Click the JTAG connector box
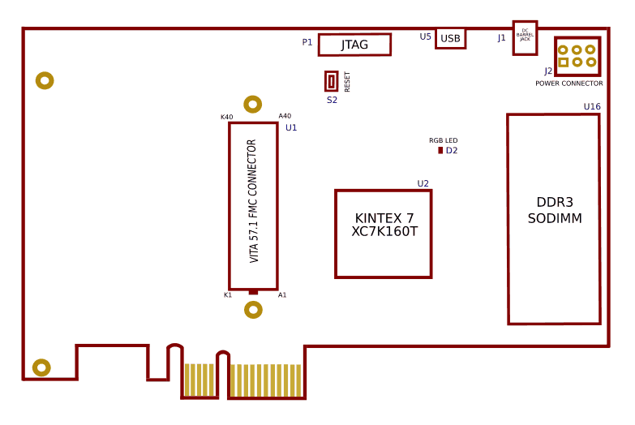click(354, 45)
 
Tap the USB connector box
click(450, 38)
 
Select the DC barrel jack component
click(525, 37)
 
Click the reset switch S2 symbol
click(332, 81)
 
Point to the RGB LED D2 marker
click(440, 150)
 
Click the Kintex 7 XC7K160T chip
click(384, 234)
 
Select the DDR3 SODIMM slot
click(554, 219)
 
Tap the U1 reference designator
click(291, 127)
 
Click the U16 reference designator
click(592, 107)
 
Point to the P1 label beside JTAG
click(307, 42)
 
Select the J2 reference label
click(548, 71)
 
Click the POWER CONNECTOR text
click(568, 84)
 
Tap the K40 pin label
click(226, 117)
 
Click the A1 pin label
click(282, 295)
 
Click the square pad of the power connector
click(563, 62)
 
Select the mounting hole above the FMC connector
click(253, 104)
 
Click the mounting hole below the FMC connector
click(253, 310)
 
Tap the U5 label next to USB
click(426, 36)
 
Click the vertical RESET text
click(348, 81)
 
